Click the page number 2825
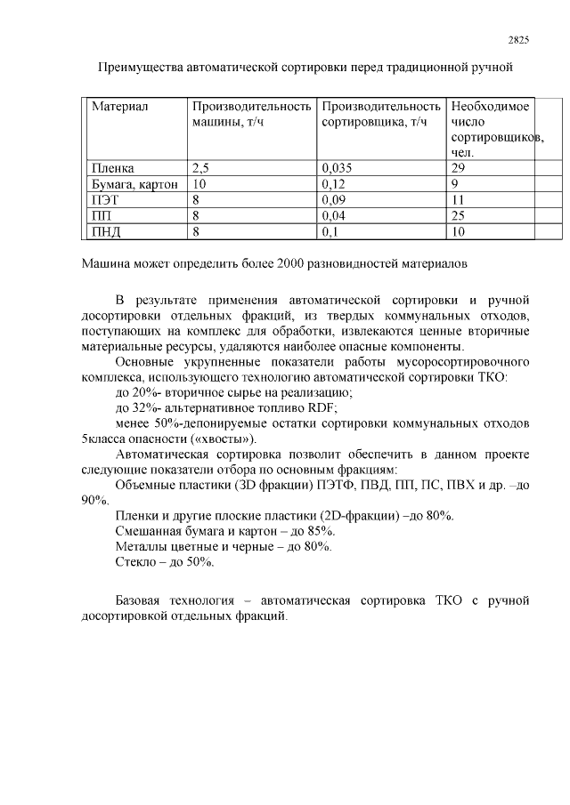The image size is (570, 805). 517,39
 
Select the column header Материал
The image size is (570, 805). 119,107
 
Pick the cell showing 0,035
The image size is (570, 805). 336,167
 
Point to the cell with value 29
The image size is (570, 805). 459,167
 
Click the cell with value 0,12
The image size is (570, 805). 333,184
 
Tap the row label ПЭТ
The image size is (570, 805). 105,200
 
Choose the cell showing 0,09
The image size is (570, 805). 333,200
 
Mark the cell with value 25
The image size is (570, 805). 459,216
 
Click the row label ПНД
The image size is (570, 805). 106,232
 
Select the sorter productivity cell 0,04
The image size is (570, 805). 333,216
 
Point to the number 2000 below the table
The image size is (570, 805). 291,264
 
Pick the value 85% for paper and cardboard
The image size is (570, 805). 320,531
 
